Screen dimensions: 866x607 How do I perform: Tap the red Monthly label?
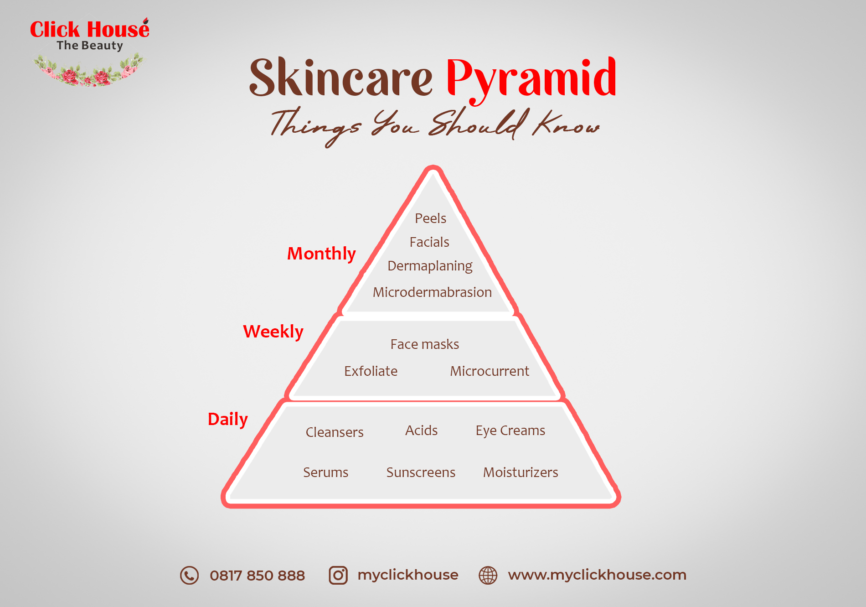(x=321, y=254)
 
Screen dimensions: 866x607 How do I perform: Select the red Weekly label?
(x=273, y=332)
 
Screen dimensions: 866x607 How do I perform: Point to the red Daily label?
(x=228, y=419)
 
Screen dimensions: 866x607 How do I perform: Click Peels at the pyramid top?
(x=430, y=218)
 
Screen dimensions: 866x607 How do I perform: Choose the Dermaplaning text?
(x=430, y=266)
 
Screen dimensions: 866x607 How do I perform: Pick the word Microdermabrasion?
(x=432, y=292)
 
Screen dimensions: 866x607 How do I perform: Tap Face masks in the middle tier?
(x=425, y=344)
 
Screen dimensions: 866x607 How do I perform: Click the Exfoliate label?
(x=371, y=371)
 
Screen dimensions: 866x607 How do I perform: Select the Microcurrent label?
(x=490, y=371)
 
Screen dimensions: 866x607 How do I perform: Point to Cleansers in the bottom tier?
(x=335, y=432)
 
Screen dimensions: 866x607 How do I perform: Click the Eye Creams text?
(x=510, y=431)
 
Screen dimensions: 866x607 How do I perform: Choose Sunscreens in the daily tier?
(x=421, y=472)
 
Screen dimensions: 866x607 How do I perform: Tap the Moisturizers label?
(x=521, y=472)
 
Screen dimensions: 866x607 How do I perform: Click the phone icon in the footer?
(x=189, y=576)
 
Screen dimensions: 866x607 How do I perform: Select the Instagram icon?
(x=338, y=576)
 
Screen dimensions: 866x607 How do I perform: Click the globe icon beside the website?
(x=488, y=576)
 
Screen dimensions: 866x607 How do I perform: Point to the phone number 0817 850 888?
(x=257, y=576)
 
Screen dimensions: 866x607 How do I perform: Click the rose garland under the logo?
(x=88, y=71)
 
